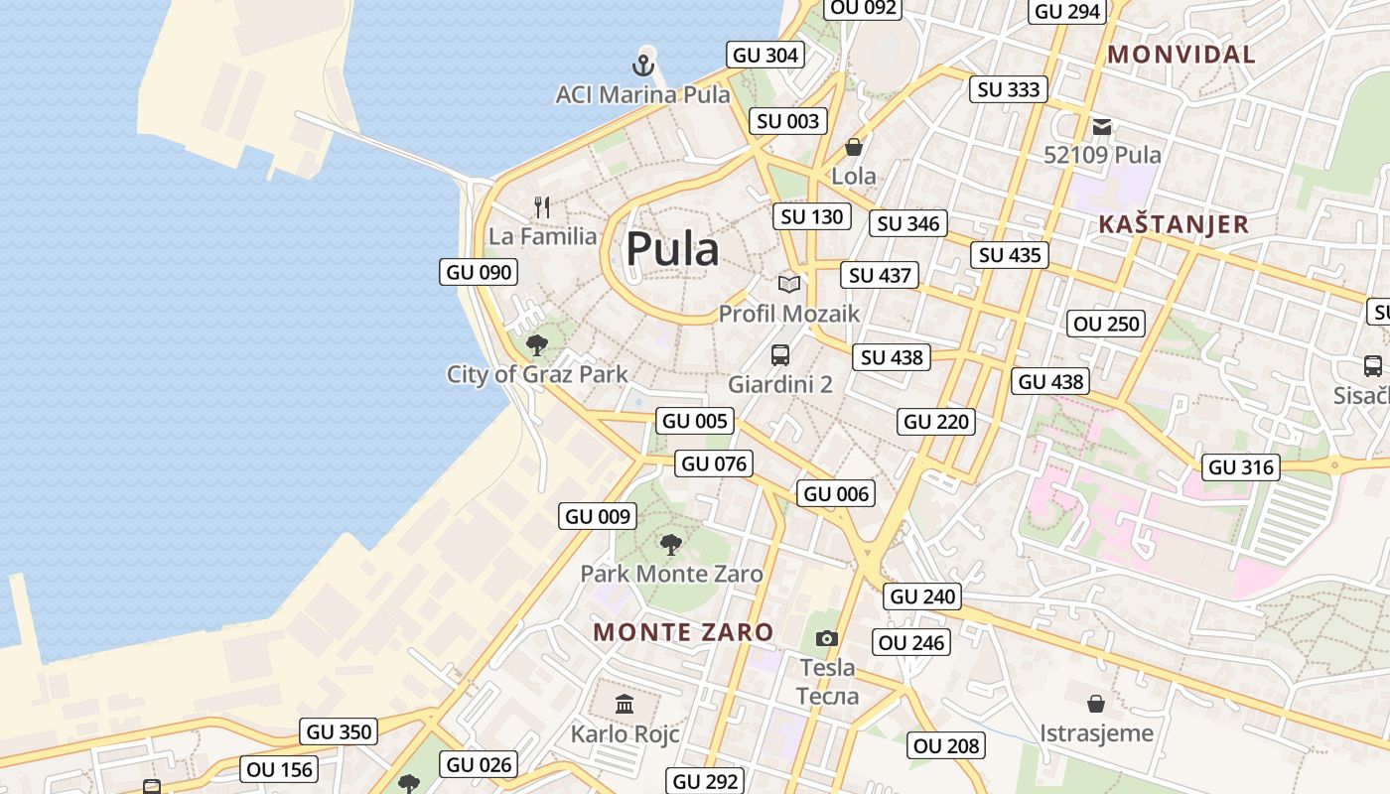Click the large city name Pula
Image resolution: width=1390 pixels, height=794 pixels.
(672, 250)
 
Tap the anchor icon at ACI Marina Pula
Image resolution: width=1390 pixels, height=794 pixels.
(643, 66)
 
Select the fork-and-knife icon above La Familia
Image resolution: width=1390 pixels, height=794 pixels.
(542, 207)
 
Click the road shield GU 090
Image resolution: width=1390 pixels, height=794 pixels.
(479, 272)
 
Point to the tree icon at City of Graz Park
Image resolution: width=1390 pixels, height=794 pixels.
(537, 345)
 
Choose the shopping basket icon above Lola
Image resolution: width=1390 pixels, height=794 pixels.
(853, 148)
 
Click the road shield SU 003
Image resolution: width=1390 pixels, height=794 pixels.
(788, 121)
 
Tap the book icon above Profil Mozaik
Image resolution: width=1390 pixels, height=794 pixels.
(789, 285)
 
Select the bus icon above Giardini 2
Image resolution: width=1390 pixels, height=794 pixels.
(780, 355)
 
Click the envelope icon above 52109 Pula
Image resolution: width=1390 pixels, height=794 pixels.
(1102, 127)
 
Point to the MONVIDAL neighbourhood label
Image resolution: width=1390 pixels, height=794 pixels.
(1181, 55)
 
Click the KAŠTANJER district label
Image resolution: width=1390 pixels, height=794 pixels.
(1174, 224)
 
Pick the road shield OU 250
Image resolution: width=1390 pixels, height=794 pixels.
(1107, 324)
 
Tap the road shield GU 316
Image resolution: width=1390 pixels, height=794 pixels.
(1241, 466)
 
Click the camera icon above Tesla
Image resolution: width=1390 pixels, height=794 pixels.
(826, 638)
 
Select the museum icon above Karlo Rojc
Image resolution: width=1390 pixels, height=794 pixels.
(625, 705)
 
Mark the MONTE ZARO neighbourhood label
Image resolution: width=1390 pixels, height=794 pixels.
(683, 632)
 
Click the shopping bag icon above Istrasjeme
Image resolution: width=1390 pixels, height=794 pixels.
(1096, 704)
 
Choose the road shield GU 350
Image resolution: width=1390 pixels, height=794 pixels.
(340, 732)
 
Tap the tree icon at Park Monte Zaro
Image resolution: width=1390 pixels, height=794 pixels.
(671, 544)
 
